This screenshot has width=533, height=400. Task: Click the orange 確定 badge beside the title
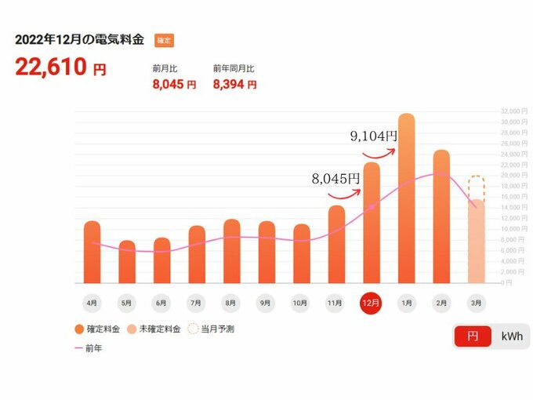click(164, 39)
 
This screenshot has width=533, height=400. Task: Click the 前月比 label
click(164, 68)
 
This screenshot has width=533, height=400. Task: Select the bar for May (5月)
click(127, 262)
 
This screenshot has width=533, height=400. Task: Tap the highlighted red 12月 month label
click(371, 302)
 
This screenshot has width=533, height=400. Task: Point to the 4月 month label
click(92, 302)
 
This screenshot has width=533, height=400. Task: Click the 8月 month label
click(231, 302)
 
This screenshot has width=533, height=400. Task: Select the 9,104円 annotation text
click(373, 136)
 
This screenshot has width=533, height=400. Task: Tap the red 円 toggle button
click(473, 336)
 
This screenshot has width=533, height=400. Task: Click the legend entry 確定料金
click(100, 329)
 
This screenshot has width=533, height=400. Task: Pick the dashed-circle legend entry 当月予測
click(212, 329)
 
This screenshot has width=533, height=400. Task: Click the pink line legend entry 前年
click(88, 348)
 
